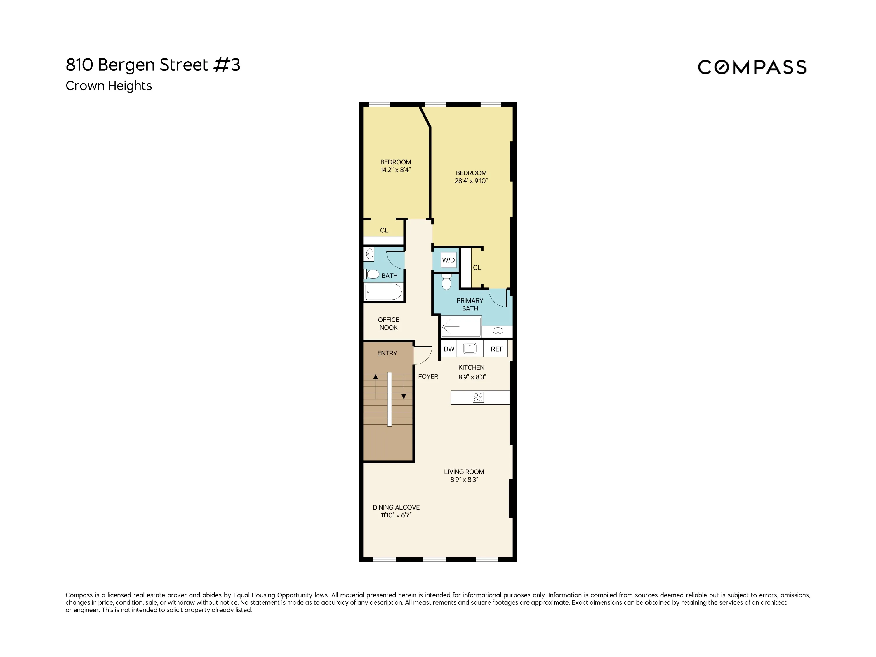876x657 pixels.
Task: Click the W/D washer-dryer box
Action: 448,260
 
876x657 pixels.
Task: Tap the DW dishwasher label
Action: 449,349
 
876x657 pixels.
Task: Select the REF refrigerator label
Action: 497,349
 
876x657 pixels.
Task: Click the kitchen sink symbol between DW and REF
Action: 470,348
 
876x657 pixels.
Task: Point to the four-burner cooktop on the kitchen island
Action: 478,397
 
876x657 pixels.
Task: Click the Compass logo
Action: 752,67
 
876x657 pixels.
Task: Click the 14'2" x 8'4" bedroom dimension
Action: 396,170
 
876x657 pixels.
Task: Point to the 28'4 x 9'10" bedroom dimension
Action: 471,180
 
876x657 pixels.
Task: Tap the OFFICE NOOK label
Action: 388,324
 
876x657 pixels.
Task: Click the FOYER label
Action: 428,377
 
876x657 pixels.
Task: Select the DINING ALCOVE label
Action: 396,507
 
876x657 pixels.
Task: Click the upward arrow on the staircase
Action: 376,377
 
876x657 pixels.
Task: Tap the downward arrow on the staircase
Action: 404,396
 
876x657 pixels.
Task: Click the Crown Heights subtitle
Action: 109,86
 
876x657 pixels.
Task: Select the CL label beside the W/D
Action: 477,268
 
